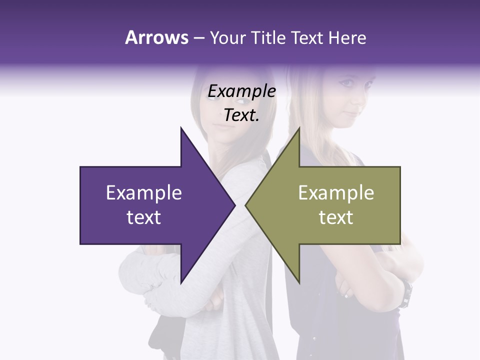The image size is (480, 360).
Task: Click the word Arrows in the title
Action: [156, 37]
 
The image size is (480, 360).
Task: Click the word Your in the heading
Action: [227, 37]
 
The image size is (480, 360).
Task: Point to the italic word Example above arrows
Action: [242, 91]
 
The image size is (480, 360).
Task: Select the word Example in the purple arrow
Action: [144, 193]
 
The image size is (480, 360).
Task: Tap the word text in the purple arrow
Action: [144, 217]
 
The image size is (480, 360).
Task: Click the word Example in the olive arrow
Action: [336, 193]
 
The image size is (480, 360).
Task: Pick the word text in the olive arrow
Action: [336, 217]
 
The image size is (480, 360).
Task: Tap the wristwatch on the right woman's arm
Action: [406, 293]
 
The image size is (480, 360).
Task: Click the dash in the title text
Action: [198, 38]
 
